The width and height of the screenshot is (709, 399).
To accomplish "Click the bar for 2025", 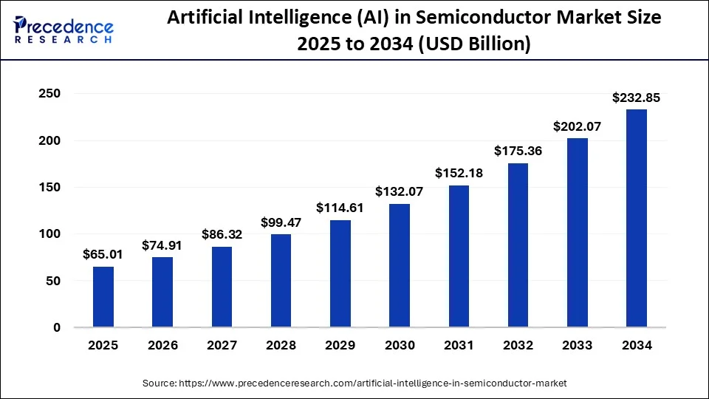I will tap(103, 297).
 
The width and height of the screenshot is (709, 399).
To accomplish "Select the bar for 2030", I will tap(400, 265).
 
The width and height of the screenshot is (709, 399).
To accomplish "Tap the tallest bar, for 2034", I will tap(637, 218).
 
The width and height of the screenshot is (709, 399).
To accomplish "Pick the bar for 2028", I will tap(281, 281).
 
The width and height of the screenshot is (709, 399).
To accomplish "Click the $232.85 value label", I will tap(637, 98).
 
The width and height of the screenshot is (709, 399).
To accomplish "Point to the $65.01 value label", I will tap(103, 255).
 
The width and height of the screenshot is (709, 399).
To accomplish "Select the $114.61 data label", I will tap(340, 208).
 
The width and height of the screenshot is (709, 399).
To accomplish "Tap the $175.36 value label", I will tap(518, 151).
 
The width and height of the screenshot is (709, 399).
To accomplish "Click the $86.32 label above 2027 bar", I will tap(222, 235).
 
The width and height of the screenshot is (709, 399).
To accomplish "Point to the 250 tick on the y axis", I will tap(50, 94).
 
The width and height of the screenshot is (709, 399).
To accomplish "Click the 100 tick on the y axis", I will tap(50, 234).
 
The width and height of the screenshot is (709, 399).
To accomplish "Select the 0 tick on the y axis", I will tap(56, 327).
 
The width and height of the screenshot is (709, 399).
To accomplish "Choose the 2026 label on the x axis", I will tap(162, 346).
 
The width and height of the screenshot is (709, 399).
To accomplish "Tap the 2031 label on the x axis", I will tap(459, 346).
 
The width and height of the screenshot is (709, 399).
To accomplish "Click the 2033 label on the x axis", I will tap(578, 346).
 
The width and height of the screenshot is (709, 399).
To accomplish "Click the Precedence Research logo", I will tap(64, 30).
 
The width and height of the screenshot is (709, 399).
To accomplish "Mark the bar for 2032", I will tap(518, 245).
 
